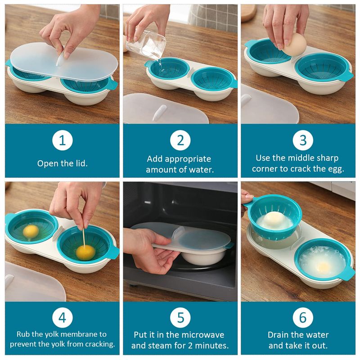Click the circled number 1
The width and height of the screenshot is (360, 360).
tap(63, 140)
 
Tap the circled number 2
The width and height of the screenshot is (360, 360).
tap(180, 140)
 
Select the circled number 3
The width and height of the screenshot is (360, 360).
tap(303, 140)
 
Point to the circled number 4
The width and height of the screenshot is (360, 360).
tap(63, 318)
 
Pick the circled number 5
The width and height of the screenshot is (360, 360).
tap(180, 318)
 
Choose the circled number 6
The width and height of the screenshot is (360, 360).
tap(303, 318)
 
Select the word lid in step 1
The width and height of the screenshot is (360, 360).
tap(81, 163)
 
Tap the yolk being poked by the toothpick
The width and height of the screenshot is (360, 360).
tap(85, 252)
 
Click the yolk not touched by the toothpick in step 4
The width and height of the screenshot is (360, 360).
tap(31, 231)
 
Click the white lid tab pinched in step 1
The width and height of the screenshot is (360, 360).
tap(60, 59)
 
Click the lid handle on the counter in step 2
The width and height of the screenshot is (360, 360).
tap(160, 112)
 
